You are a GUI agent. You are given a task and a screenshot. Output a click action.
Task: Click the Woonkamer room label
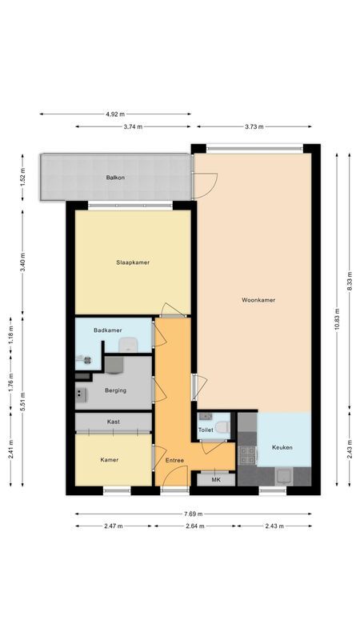pos(258,300)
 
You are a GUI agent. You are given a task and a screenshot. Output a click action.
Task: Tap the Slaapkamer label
pos(133,262)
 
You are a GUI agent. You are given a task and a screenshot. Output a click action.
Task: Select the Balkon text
pos(116,177)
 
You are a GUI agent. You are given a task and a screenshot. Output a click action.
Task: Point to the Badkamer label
pos(107,330)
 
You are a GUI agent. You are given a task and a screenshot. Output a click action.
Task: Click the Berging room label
pos(115,390)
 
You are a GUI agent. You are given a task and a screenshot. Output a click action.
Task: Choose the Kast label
pos(114,422)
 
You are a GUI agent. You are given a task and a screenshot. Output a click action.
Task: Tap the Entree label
pos(175,460)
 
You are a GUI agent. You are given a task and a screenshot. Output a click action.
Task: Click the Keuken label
pos(282,447)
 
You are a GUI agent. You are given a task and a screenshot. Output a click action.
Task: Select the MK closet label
pos(214,479)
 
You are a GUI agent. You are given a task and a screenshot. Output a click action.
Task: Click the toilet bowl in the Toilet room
pos(222,427)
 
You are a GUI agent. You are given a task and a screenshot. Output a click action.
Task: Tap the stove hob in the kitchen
pos(247,454)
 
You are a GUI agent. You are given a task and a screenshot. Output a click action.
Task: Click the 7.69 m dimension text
pos(193,514)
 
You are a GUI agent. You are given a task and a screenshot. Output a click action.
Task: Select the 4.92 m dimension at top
pos(116,114)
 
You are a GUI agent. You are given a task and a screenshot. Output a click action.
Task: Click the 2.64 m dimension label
pos(194,526)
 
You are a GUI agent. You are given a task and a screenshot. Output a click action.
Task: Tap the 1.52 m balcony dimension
pos(23,177)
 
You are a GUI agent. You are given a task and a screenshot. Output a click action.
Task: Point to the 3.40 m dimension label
pos(23,262)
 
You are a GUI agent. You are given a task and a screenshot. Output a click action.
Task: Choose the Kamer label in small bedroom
pos(110,460)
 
